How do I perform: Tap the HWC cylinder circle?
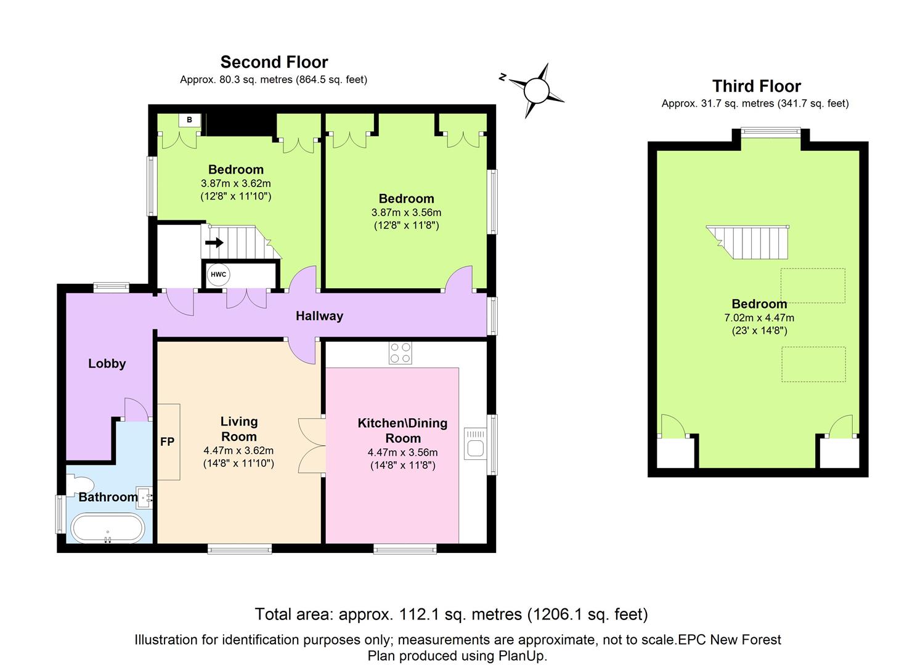click(218, 275)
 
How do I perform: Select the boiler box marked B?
click(189, 120)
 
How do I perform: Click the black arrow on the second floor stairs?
click(214, 243)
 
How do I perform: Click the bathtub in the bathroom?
click(108, 528)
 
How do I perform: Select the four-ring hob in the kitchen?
click(400, 353)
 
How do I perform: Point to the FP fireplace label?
click(167, 441)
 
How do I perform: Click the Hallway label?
click(319, 316)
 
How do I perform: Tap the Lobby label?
click(107, 363)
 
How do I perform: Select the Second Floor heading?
click(274, 62)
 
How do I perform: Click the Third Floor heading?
click(756, 86)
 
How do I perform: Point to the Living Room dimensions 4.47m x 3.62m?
click(238, 450)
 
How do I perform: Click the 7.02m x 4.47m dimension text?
click(758, 318)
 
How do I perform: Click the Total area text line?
click(451, 614)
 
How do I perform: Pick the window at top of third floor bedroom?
click(770, 131)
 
